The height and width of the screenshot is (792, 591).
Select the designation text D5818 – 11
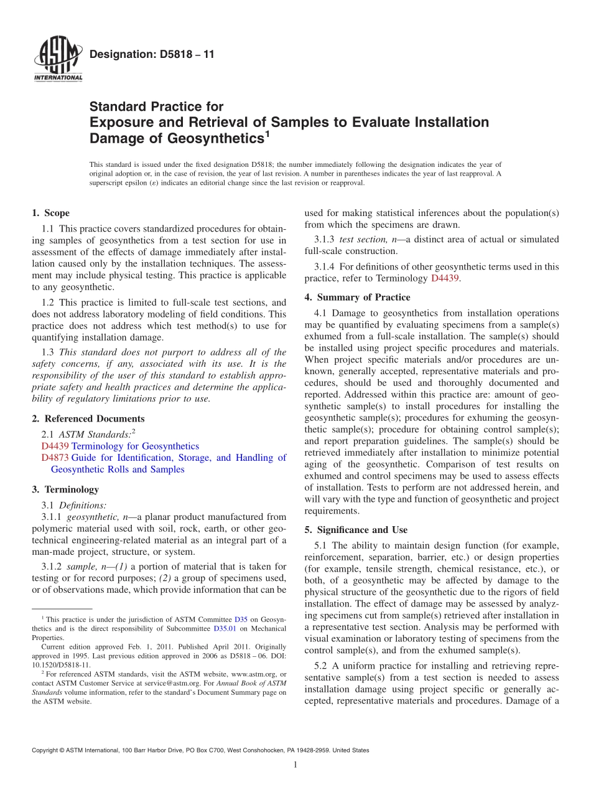coord(152,54)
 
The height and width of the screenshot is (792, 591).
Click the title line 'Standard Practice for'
coord(156,106)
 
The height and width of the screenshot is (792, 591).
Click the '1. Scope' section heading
coord(51,213)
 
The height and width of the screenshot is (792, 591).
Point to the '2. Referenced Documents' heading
coord(88,418)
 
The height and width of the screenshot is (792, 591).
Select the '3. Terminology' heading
coord(65,489)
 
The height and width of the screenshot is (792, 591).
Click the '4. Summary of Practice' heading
coord(357,297)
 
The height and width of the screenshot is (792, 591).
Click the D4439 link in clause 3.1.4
coord(445,278)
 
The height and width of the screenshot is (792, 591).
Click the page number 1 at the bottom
coord(295,765)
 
